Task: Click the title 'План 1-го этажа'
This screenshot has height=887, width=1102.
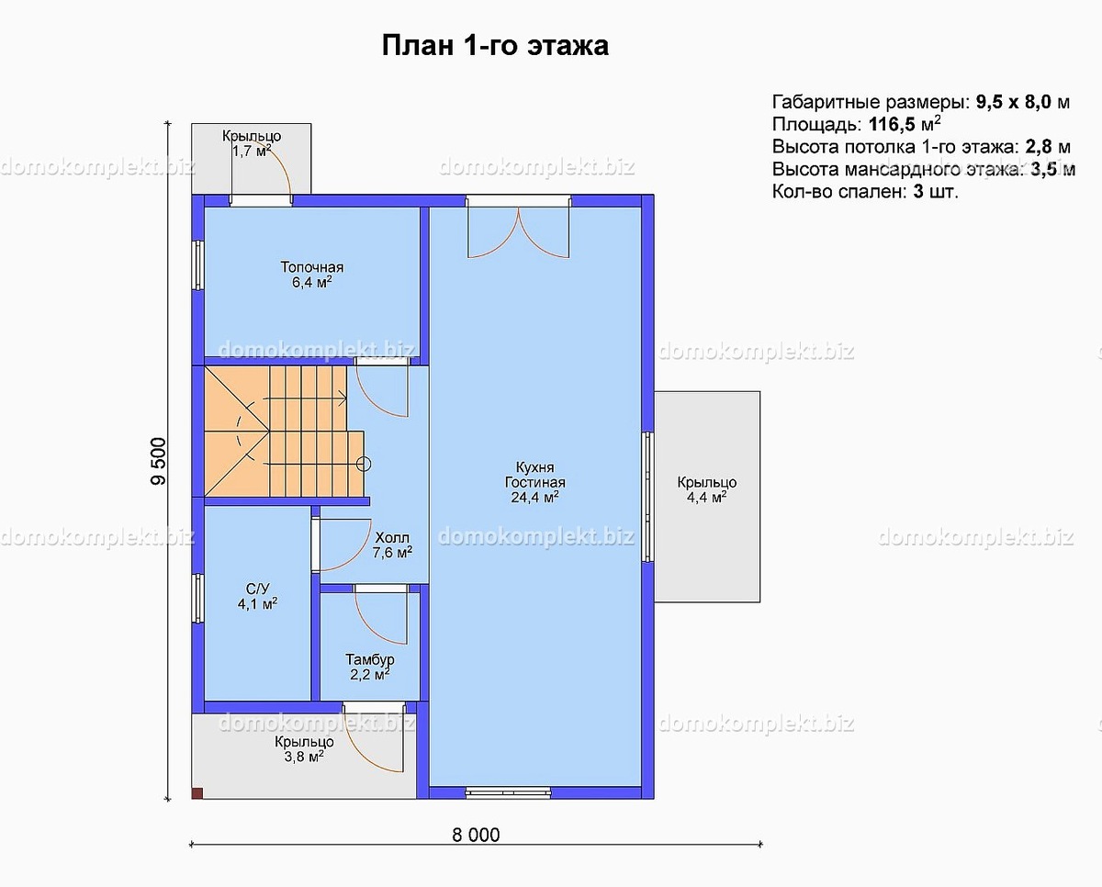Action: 494,46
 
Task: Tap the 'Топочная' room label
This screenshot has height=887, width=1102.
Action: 312,267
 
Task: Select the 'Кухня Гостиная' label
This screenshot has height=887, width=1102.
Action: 534,475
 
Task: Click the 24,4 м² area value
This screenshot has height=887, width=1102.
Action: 535,498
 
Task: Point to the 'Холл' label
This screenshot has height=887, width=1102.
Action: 392,537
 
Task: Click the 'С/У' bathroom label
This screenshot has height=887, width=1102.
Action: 257,589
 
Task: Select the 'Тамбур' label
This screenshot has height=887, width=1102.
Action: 370,659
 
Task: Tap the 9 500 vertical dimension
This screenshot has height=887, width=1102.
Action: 158,461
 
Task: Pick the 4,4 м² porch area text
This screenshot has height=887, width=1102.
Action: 706,498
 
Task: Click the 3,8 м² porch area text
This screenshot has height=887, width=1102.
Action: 304,758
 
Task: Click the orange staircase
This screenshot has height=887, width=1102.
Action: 275,432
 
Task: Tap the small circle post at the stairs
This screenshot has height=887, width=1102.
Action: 364,464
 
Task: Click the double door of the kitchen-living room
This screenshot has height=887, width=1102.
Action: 519,230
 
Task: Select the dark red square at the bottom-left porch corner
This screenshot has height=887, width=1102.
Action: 197,792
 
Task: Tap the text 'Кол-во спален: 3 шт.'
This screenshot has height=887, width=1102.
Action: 865,192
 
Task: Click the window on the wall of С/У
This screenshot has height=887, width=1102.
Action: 197,599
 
